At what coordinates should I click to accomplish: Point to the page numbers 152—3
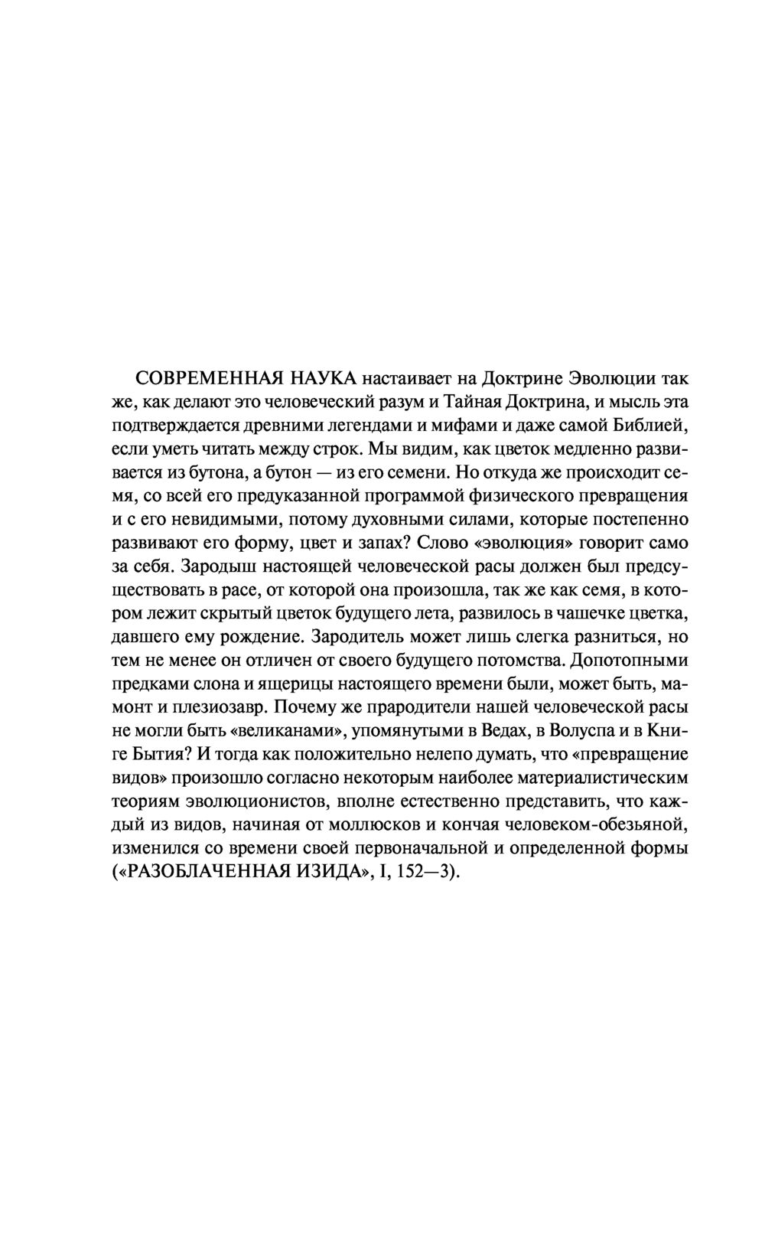(428, 873)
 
